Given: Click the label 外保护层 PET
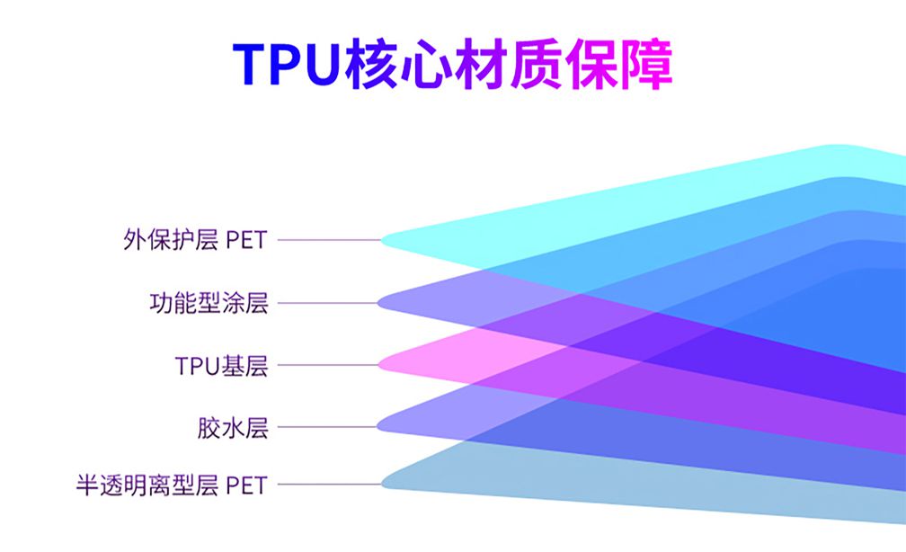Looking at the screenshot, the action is [195, 240].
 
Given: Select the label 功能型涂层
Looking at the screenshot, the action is [209, 303].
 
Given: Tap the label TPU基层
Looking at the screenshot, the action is [222, 366].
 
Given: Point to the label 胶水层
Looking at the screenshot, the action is [233, 428].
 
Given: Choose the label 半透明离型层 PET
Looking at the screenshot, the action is [173, 485].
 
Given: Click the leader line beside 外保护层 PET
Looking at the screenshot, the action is [329, 240].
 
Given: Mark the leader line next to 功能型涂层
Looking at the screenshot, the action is [328, 303].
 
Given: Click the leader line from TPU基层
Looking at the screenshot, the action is [328, 365].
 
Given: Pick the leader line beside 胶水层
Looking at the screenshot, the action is [327, 427].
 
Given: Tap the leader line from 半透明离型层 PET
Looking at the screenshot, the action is [330, 485].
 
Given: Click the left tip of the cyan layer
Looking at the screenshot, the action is [381, 240].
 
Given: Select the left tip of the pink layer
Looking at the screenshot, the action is [378, 365].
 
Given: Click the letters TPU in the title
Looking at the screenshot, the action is [285, 64].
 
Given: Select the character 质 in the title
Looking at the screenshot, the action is [536, 64].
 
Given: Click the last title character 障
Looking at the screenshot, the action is [646, 64].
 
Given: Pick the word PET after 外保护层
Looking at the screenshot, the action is [246, 240].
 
